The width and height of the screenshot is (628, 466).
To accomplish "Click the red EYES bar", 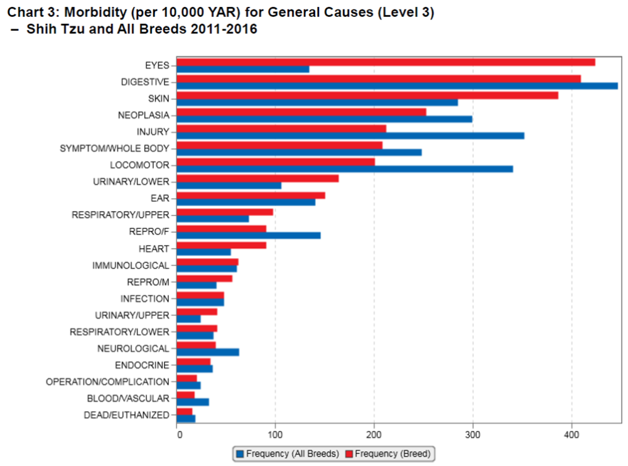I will tap(386, 62).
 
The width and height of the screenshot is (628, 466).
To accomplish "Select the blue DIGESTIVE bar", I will tap(397, 86).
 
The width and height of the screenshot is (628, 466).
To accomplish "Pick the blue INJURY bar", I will tap(350, 136).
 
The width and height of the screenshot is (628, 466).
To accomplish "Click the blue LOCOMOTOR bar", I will tap(345, 169).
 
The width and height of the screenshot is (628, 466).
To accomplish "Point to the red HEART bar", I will tap(222, 245).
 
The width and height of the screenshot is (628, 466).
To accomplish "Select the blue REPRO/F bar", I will tap(249, 236).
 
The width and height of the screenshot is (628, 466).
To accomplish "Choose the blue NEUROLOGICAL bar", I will tap(208, 352).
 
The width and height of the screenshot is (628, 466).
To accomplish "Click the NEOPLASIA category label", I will tap(144, 116).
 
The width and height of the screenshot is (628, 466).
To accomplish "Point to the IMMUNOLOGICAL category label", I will tap(131, 266).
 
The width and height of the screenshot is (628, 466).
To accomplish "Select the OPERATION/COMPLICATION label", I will tap(107, 382).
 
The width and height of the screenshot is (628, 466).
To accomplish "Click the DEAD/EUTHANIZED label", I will tap(126, 415).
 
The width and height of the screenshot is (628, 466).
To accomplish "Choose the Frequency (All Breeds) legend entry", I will tap(287, 453).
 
